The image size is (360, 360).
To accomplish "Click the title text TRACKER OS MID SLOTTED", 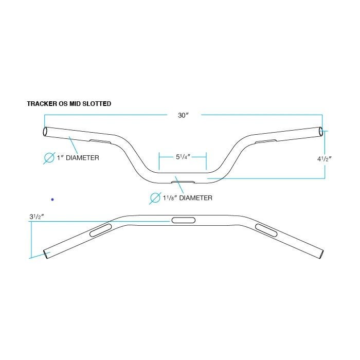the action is coord(69,103).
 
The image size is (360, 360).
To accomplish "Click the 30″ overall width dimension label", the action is coord(183,115).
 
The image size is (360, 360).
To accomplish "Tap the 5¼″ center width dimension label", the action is coord(183,157).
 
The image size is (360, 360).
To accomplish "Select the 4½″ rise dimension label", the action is coord(325,158).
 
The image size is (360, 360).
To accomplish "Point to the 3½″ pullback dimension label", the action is coord(37,217).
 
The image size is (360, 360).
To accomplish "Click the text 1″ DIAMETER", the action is coord(78,158).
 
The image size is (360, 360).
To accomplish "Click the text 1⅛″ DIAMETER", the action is coord(188,197).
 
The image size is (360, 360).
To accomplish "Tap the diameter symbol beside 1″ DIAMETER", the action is coord(49,158).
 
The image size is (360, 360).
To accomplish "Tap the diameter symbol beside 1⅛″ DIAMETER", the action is coord(155,198).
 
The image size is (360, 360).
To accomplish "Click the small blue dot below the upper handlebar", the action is coord(52,200).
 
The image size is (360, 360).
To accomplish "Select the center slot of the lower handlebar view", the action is coord(184,220).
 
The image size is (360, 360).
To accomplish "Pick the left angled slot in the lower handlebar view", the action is coord(101,230).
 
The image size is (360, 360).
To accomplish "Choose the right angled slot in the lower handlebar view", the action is coord(266,230).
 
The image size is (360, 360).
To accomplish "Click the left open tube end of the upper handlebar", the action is coord(45,132).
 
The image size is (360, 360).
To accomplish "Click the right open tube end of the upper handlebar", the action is coord(321,131).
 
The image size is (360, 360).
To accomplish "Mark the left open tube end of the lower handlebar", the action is coord(47,255).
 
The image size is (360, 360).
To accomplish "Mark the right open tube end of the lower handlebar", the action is coord(321,255).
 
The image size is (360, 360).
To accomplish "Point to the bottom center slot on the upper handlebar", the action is coord(183,182).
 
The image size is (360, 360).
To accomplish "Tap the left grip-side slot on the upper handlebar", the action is coord(100,141).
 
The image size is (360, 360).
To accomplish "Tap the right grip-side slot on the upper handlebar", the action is coord(266,141).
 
